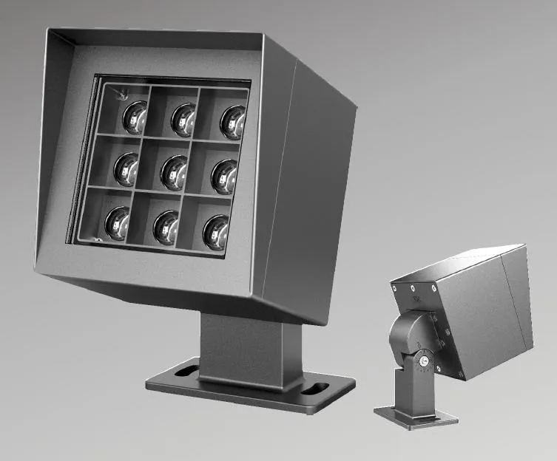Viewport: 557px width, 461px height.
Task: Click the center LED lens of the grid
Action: pyautogui.click(x=175, y=171)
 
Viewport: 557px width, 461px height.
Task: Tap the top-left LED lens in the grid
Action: pyautogui.click(x=135, y=117)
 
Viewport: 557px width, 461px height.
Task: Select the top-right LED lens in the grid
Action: pyautogui.click(x=232, y=122)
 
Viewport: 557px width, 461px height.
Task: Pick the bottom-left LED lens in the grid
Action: pyautogui.click(x=117, y=222)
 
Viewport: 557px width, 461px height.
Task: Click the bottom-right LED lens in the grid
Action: pyautogui.click(x=216, y=230)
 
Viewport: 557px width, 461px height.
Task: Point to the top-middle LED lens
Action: pyautogui.click(x=183, y=119)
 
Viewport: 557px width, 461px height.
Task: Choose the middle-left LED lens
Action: pyautogui.click(x=126, y=168)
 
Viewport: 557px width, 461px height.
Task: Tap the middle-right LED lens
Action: pyautogui.click(x=224, y=176)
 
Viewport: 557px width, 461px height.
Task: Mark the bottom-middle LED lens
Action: pyautogui.click(x=166, y=227)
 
